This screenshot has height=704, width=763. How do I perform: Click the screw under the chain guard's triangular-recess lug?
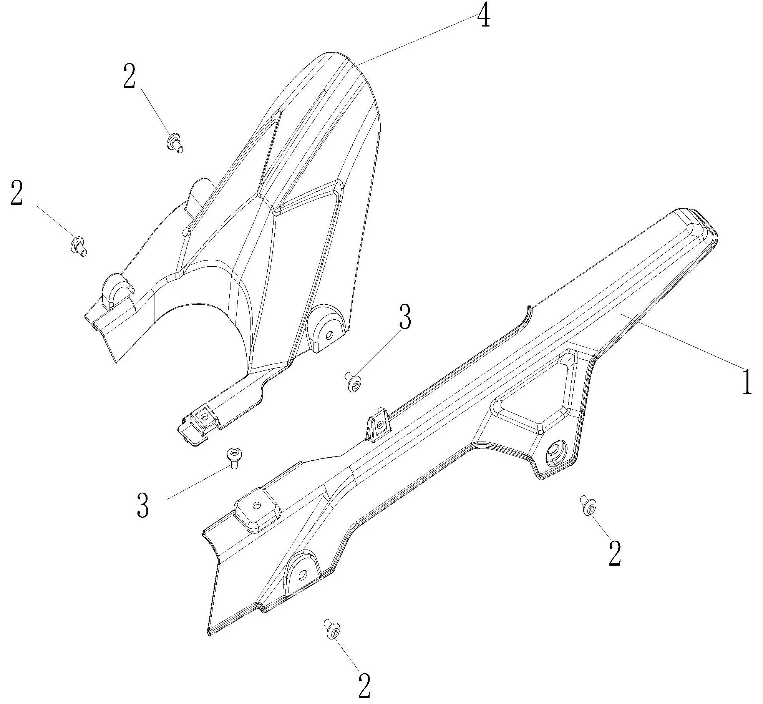(x=589, y=507)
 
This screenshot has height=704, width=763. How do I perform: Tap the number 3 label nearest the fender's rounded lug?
(x=405, y=317)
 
